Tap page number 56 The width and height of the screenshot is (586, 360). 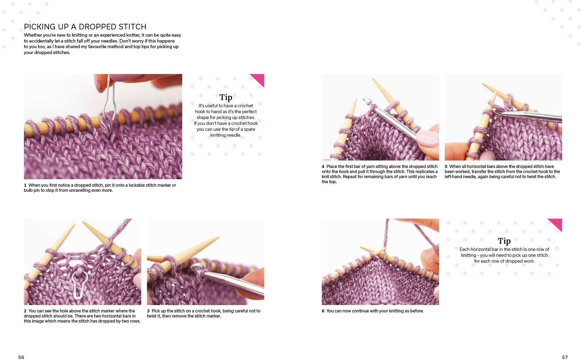tap(21, 357)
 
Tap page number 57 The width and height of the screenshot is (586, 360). tap(565, 357)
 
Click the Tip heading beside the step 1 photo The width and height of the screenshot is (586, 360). tap(226, 97)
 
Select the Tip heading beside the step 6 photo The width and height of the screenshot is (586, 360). tap(504, 241)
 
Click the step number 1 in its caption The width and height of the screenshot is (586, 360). tap(25, 185)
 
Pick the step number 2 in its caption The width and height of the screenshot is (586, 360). tap(25, 311)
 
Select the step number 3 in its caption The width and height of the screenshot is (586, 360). tap(148, 311)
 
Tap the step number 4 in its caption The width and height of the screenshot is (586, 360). tap(323, 167)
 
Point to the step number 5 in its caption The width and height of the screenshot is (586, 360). tap(446, 167)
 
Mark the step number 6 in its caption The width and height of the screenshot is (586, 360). tap(323, 311)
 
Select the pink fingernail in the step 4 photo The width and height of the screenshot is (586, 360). tap(427, 138)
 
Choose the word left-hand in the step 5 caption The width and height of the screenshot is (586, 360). tap(454, 177)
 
